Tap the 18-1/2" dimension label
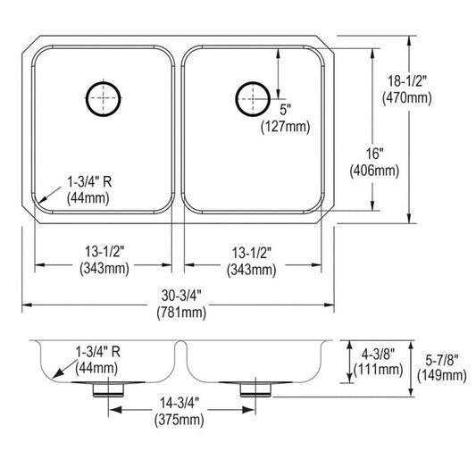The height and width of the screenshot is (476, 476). point(407,81)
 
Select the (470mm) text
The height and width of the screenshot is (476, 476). point(406,97)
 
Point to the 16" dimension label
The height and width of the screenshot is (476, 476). point(374,154)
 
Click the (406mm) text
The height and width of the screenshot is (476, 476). point(374,171)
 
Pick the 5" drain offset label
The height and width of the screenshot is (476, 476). point(285,110)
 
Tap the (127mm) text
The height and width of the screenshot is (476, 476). point(286,127)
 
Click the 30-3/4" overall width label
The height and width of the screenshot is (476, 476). point(181,296)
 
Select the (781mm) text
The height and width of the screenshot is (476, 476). point(181,313)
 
